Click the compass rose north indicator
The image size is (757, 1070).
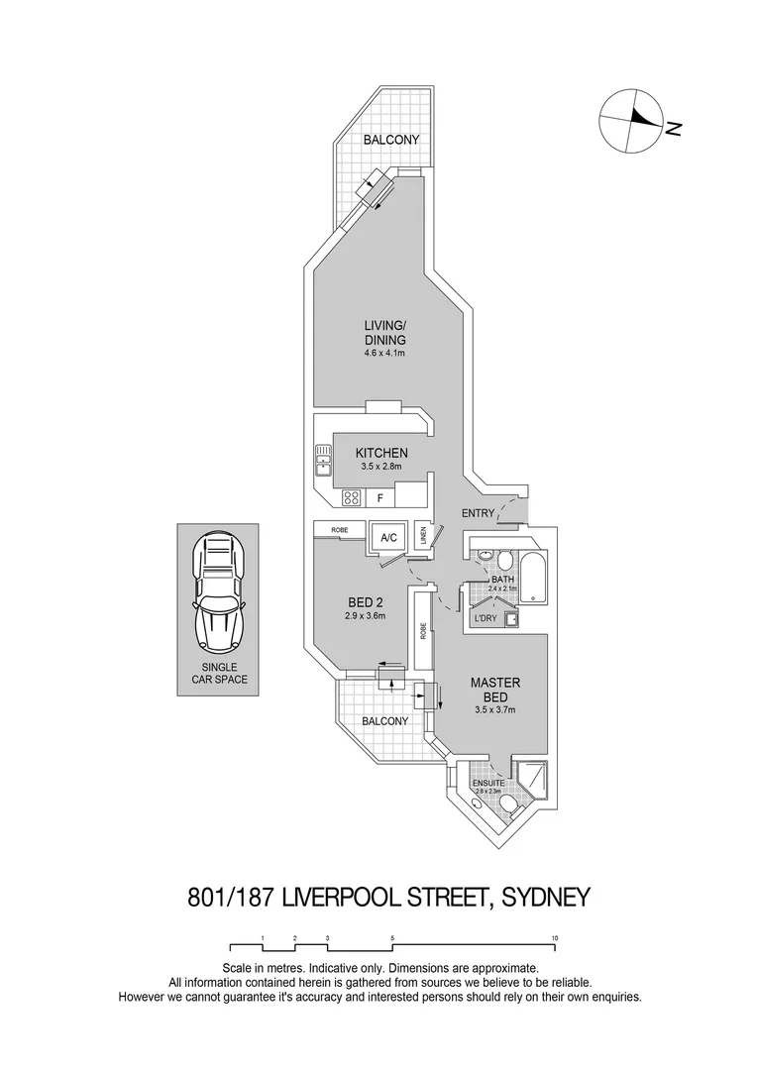[x=634, y=120]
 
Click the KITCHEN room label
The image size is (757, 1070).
[x=381, y=453]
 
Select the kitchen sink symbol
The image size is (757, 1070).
[x=323, y=458]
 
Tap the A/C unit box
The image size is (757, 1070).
[x=388, y=537]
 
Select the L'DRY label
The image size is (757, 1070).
[x=485, y=620]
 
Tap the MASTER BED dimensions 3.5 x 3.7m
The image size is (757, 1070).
[x=495, y=709]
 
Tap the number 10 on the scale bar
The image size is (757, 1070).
[x=555, y=937]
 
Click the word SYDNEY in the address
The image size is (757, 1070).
[x=546, y=898]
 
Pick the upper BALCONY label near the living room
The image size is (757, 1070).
[x=389, y=140]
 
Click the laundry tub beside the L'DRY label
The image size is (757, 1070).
[x=511, y=620]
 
